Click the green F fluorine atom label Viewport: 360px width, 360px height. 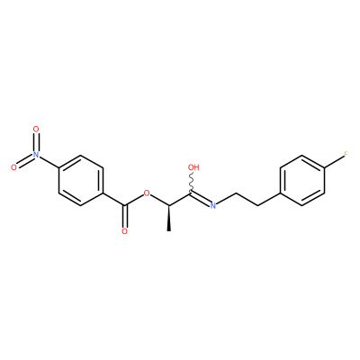coord(346,155)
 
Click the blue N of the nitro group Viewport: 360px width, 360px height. coord(36,155)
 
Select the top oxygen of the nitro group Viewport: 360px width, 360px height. coord(36,130)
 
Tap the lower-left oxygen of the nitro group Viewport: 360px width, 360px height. coord(13,167)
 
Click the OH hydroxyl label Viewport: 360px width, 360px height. coord(193,167)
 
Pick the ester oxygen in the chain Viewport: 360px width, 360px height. coord(147,193)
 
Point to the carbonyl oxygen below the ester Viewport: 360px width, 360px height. coord(124,231)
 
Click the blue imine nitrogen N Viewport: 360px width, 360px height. coord(213,205)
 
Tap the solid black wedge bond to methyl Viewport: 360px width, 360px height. coord(169,218)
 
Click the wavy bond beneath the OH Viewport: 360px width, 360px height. coord(191,182)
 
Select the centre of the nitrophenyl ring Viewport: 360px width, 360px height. coord(80,180)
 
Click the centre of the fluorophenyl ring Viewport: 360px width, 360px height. coord(301,180)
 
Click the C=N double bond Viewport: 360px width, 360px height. coord(201,198)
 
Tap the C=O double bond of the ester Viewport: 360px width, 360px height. coord(125,216)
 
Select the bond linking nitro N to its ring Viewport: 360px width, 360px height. coord(49,162)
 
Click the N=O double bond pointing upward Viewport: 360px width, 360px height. coord(36,142)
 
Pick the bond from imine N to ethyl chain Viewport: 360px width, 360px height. coord(227,198)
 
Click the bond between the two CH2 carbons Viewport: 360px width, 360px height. coord(247,199)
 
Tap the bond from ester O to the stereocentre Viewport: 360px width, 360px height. coord(159,200)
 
